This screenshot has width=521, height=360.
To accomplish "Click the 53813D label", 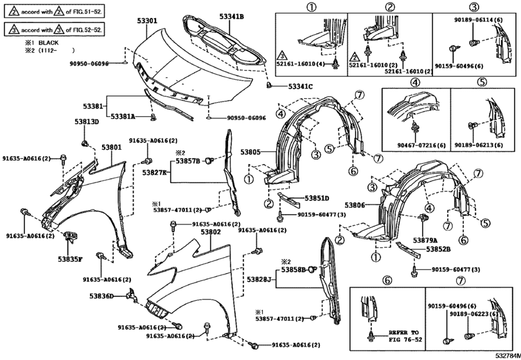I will click(x=86, y=122).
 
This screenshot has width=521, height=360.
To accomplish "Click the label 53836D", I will click(x=102, y=296).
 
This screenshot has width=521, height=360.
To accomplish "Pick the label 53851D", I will click(x=317, y=198).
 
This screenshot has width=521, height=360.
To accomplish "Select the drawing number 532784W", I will click(x=505, y=355).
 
